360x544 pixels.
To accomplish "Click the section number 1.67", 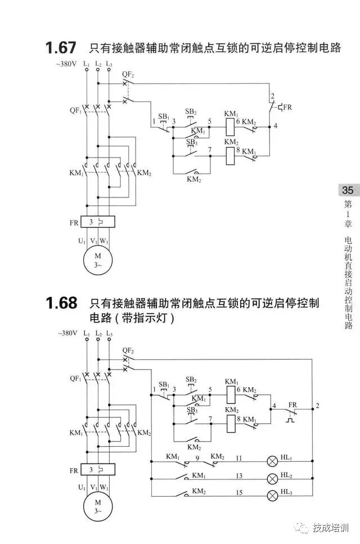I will (x=61, y=48).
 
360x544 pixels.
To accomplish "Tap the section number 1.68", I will (x=61, y=303).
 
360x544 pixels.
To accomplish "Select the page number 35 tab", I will (x=347, y=190).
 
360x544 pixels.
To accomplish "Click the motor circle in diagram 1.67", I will (x=98, y=260).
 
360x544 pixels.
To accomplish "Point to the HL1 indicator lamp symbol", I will (x=272, y=461).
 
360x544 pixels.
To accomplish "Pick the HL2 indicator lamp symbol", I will (x=272, y=478).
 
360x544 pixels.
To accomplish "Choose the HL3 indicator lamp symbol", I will (x=272, y=495).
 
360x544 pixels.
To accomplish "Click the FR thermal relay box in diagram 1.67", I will (x=98, y=223).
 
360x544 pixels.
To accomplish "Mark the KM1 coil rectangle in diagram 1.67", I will (x=231, y=126).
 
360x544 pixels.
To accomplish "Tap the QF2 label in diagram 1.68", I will (x=128, y=350).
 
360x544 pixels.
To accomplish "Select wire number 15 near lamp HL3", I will (x=238, y=493).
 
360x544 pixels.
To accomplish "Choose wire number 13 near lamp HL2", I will (x=238, y=476).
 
